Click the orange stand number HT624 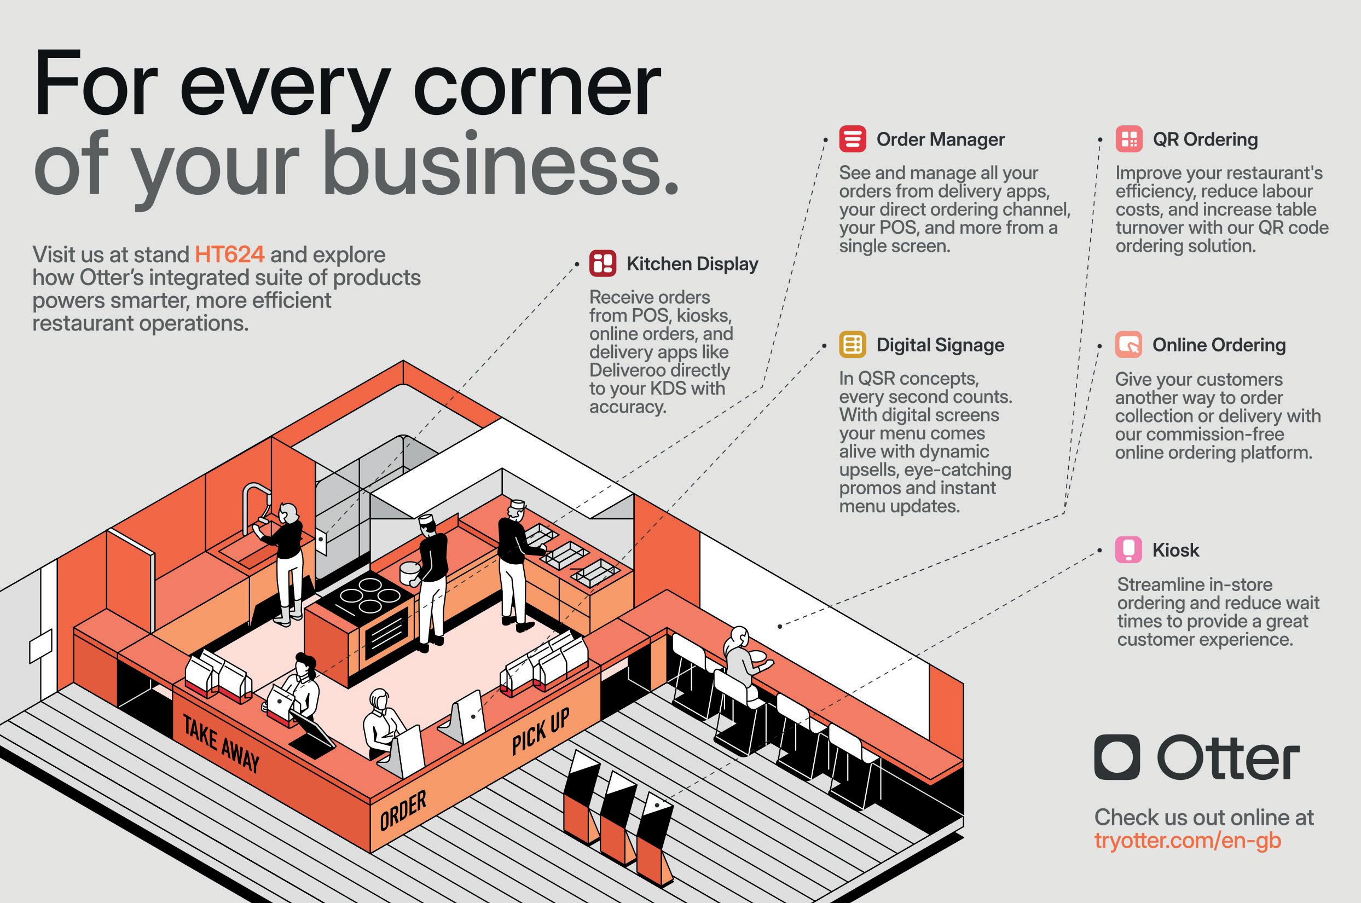pyautogui.click(x=229, y=254)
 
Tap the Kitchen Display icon pyautogui.click(x=602, y=264)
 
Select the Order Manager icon pyautogui.click(x=852, y=140)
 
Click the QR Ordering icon pyautogui.click(x=1128, y=140)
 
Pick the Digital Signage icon pyautogui.click(x=852, y=345)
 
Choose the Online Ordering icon pyautogui.click(x=1128, y=345)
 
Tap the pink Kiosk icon pyautogui.click(x=1128, y=549)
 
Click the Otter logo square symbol pyautogui.click(x=1116, y=757)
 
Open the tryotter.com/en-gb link pyautogui.click(x=1187, y=841)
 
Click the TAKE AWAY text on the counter pyautogui.click(x=221, y=743)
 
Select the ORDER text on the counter pyautogui.click(x=403, y=811)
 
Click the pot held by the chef pyautogui.click(x=410, y=573)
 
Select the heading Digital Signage pyautogui.click(x=940, y=345)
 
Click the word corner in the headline pyautogui.click(x=536, y=86)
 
